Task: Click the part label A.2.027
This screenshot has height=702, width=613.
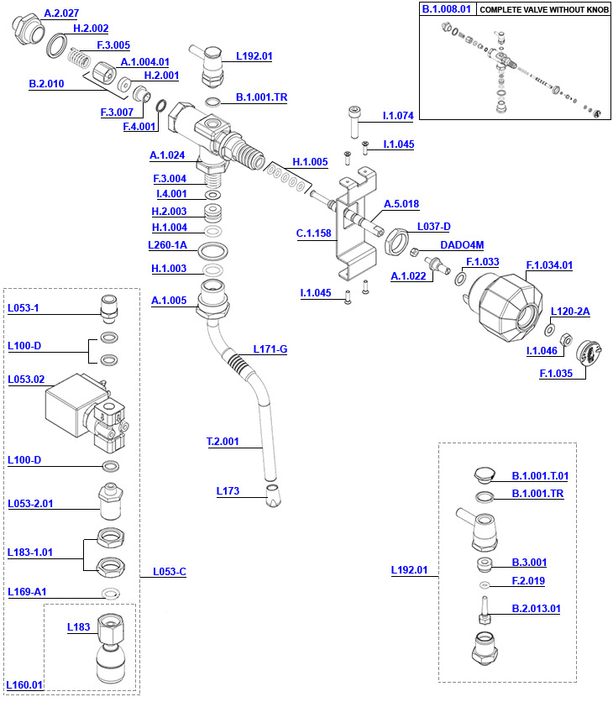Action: tap(60, 13)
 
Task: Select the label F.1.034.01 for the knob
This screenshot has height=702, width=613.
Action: tap(548, 266)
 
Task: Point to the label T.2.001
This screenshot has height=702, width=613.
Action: tap(223, 441)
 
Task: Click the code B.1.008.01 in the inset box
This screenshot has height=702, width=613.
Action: tap(448, 9)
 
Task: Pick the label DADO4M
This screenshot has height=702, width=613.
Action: tap(462, 245)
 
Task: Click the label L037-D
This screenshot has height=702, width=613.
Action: tap(433, 227)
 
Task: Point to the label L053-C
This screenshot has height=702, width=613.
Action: tap(169, 572)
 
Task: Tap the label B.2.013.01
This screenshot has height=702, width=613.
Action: tap(536, 609)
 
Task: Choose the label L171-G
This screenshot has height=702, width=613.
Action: tap(270, 348)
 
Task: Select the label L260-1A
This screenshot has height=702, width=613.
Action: tap(168, 246)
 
